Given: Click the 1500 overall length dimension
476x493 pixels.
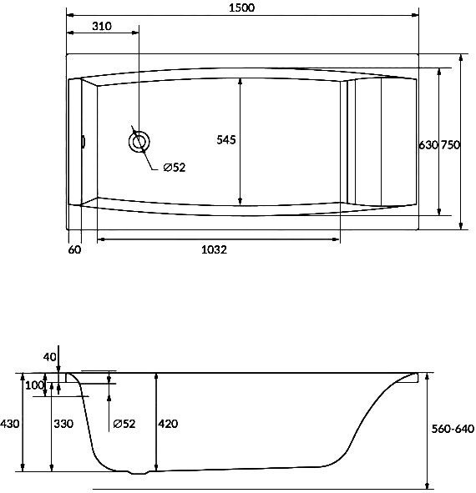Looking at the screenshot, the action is (241, 8).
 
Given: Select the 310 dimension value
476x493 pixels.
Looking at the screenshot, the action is (102, 26).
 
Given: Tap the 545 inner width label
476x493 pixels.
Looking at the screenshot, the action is (226, 139).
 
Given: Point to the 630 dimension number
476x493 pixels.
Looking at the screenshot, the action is (428, 145).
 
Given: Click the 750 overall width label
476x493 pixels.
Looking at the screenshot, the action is (450, 145).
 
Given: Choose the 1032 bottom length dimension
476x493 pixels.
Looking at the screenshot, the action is (214, 249).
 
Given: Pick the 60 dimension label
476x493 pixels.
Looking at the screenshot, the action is (74, 249).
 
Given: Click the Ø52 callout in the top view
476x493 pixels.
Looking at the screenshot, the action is (175, 168).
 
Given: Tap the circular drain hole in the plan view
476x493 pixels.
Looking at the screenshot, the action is (139, 142).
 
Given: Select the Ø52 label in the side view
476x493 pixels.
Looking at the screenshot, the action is (124, 424).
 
